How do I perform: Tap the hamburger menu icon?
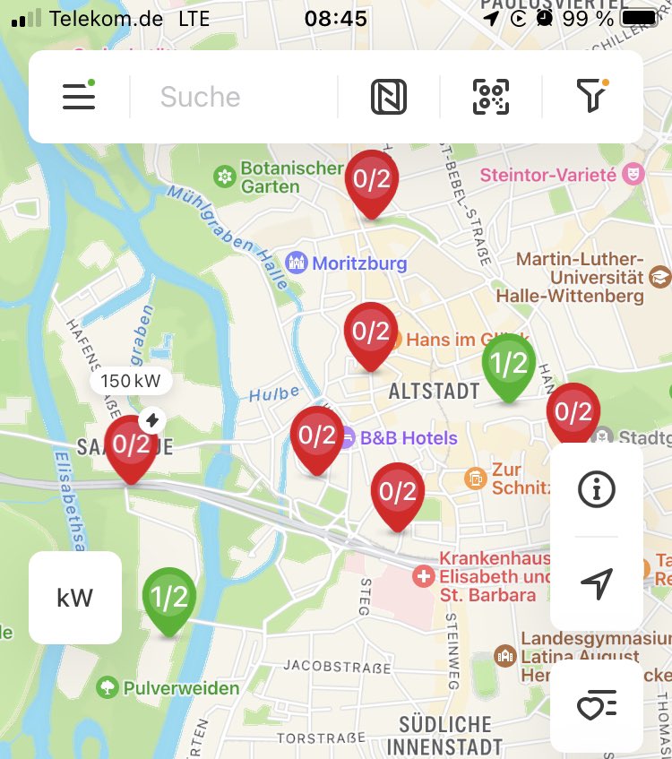click(x=79, y=96)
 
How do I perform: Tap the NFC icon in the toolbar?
click(x=389, y=97)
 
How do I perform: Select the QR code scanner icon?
click(x=491, y=97)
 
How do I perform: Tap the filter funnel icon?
click(x=591, y=95)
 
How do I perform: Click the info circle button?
click(x=597, y=489)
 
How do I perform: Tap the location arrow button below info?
click(x=597, y=583)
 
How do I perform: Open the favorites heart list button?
click(x=597, y=708)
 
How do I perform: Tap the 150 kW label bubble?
click(x=131, y=381)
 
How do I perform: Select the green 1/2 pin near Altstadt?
click(x=508, y=365)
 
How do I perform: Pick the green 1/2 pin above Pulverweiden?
click(x=168, y=598)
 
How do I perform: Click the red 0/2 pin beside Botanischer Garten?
click(x=372, y=180)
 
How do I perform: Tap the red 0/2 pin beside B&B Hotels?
click(x=316, y=437)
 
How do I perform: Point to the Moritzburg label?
click(x=358, y=263)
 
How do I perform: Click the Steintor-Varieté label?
click(x=548, y=174)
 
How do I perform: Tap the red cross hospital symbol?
click(x=423, y=575)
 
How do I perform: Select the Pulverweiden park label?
click(x=179, y=688)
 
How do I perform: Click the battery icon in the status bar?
click(x=640, y=18)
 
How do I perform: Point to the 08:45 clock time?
click(x=335, y=18)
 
